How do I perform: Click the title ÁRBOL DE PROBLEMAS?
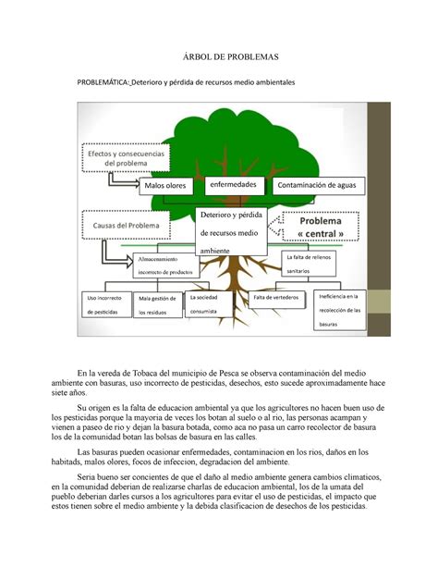[x=219, y=57]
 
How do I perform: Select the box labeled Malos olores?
[x=164, y=185]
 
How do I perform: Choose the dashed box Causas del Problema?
[x=125, y=225]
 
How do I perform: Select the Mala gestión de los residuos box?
[x=157, y=304]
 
